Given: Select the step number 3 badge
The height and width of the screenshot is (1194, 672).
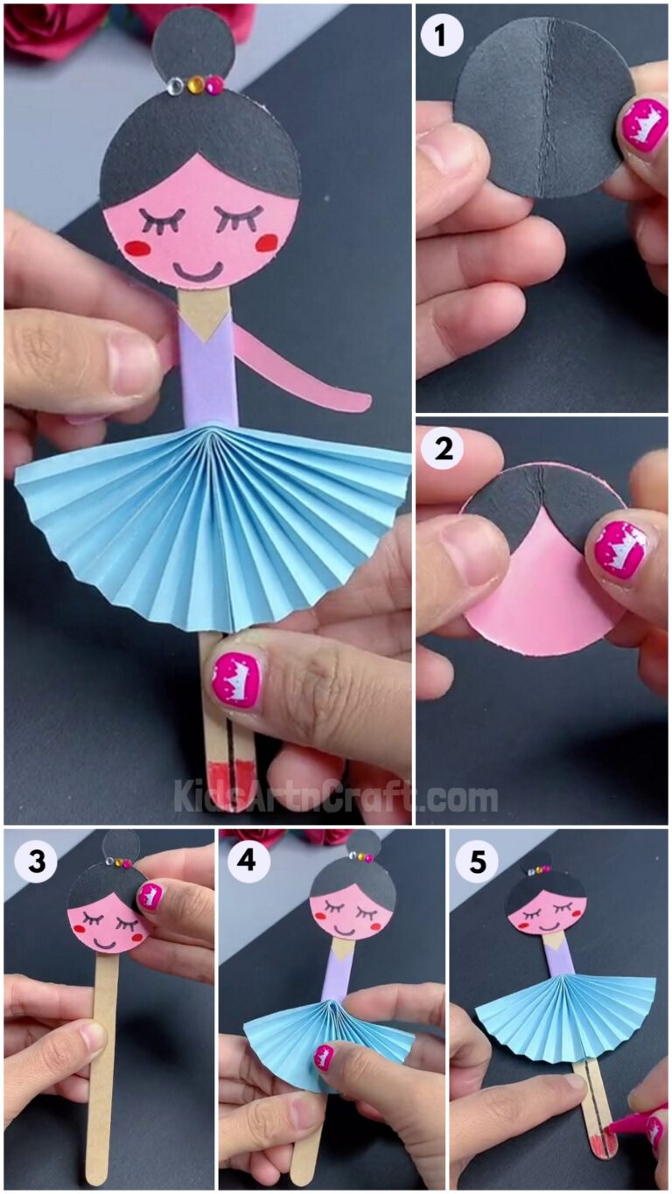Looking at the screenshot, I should coord(36,862).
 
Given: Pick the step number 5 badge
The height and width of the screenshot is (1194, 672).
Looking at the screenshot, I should coord(477,862).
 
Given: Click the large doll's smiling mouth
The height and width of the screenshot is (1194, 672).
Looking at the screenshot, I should coord(197,271).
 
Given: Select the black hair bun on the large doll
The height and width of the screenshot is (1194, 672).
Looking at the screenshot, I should coord(193,42).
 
